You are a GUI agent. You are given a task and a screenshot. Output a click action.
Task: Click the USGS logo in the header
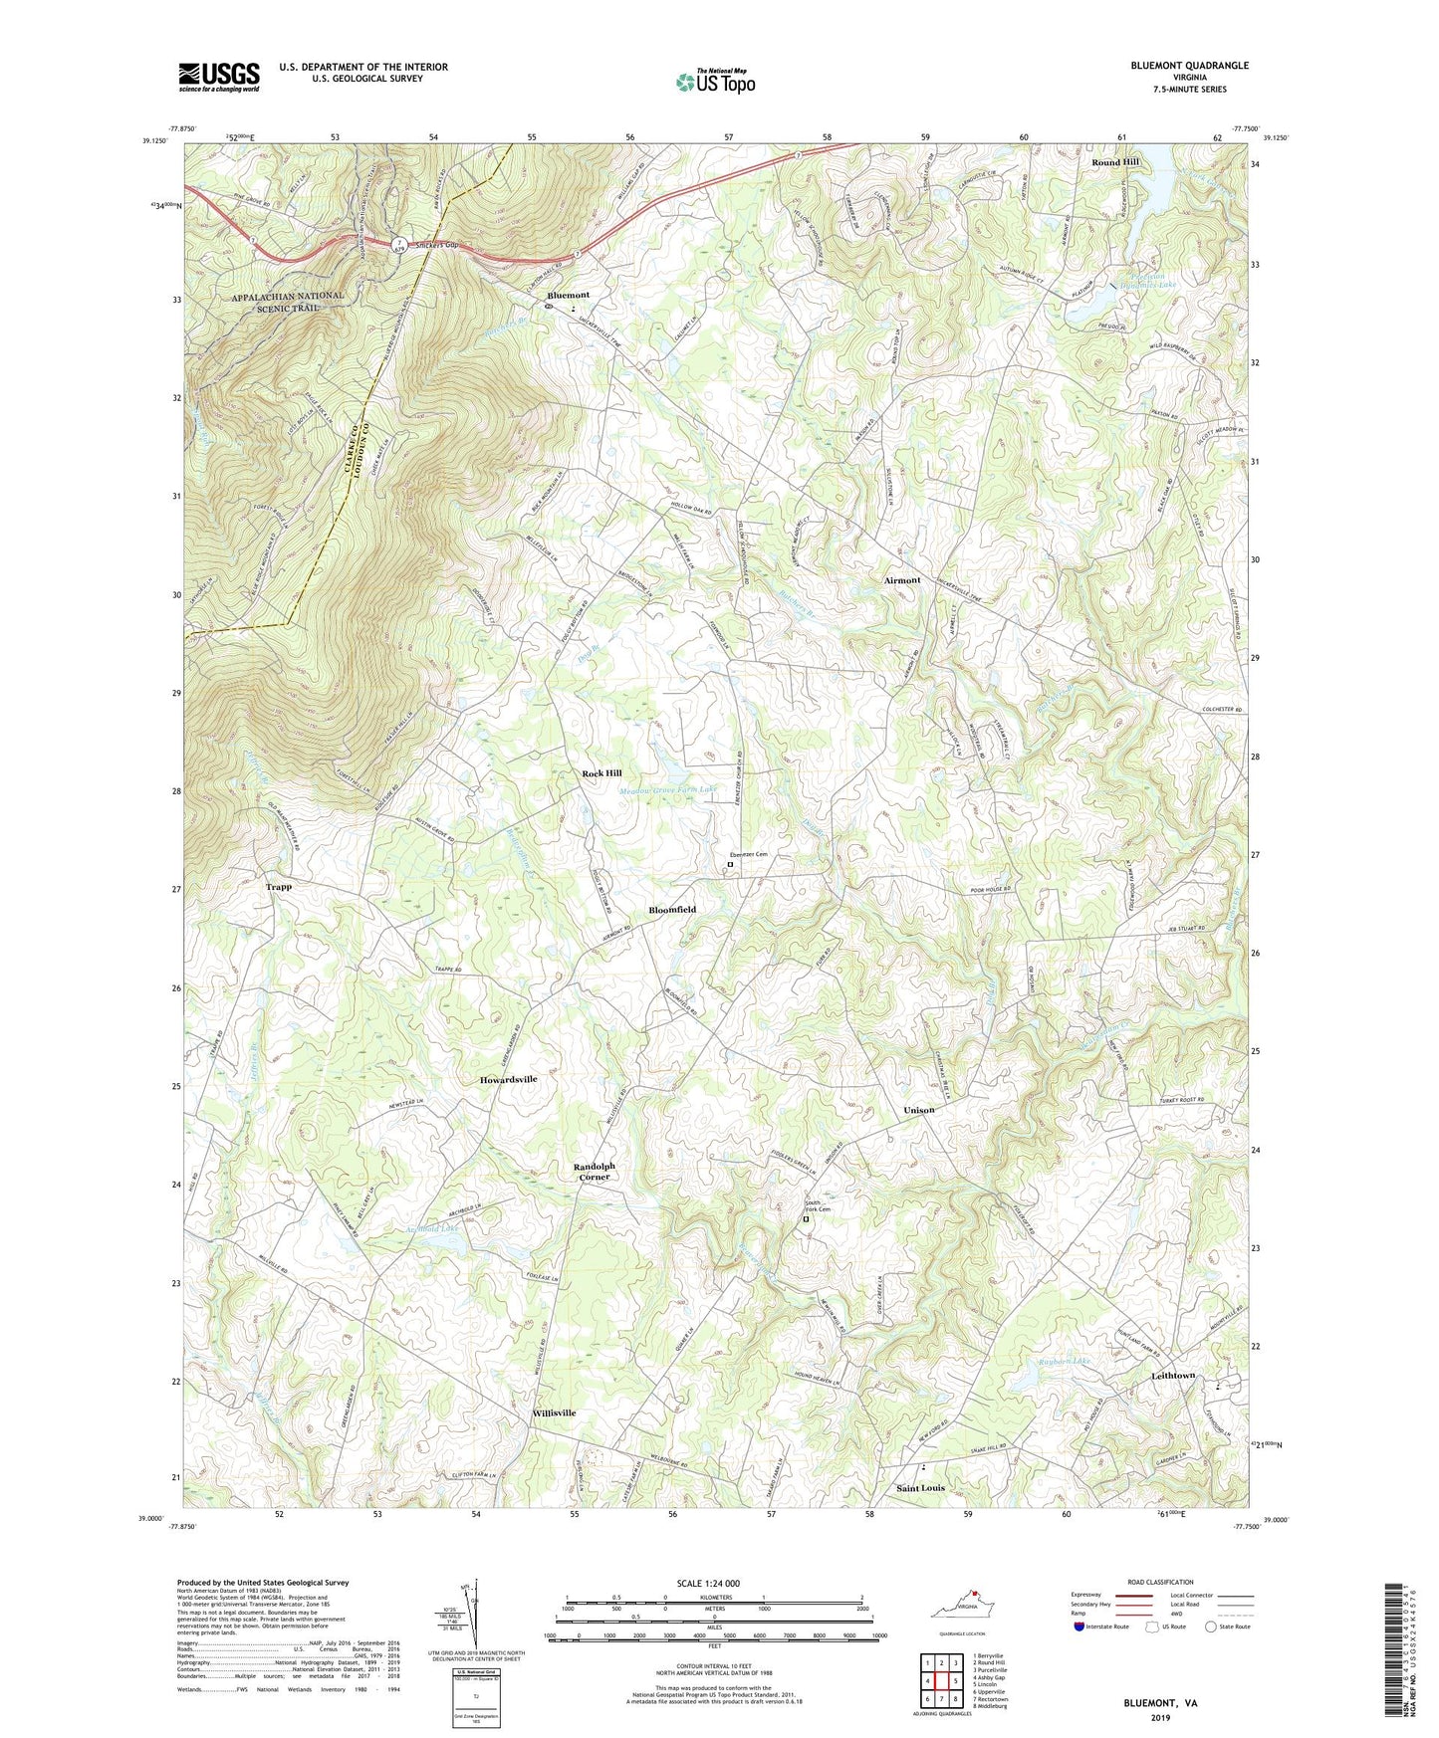pos(219,77)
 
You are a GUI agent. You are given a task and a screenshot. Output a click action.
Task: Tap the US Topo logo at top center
pos(715,82)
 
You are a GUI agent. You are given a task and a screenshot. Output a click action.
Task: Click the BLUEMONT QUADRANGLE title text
pos(1189,66)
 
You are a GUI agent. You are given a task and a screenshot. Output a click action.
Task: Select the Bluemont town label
pos(568,296)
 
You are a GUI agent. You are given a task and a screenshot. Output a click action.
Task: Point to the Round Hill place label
pos(1115,161)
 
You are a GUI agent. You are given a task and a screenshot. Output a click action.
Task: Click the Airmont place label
pos(902,580)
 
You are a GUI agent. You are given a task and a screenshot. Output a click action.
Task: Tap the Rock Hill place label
pos(601,773)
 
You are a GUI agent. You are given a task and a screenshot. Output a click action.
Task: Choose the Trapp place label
pos(279,886)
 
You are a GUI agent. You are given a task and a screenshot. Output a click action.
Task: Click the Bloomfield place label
pos(672,910)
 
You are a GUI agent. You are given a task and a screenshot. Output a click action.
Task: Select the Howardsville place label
pos(508,1079)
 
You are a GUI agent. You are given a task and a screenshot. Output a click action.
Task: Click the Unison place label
pos(918,1110)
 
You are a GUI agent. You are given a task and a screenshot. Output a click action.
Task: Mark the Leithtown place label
pos(1173,1376)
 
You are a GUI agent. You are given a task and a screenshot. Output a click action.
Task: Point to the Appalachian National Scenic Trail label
pos(288,302)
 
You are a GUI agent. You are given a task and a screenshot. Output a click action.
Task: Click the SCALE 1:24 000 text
pos(708,1584)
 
